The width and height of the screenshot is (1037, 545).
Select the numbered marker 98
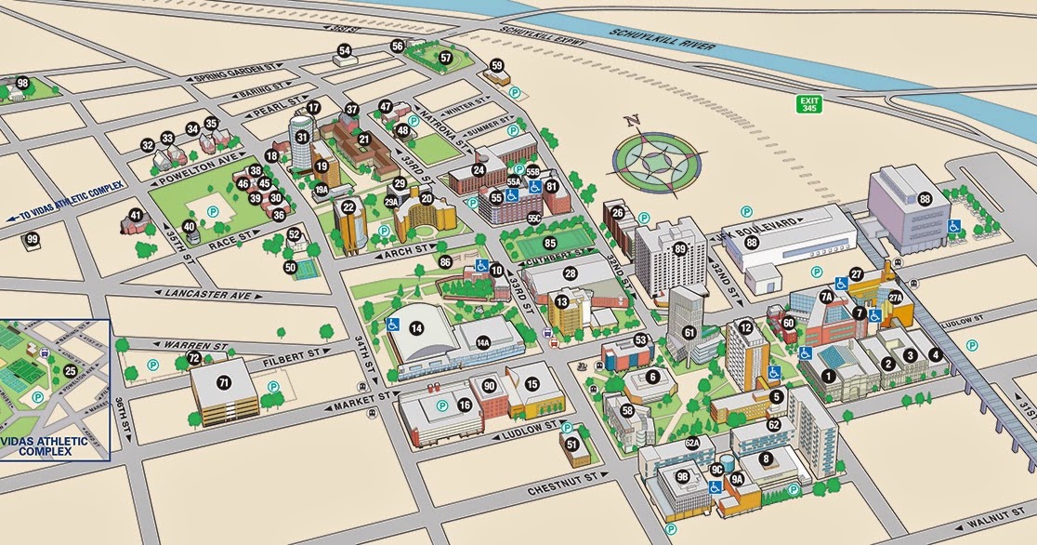pyautogui.click(x=23, y=84)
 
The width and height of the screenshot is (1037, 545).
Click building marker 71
pyautogui.click(x=223, y=382)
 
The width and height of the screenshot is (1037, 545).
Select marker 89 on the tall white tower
pyautogui.click(x=680, y=248)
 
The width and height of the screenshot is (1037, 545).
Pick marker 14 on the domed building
pyautogui.click(x=416, y=327)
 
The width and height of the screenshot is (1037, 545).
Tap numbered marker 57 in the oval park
pyautogui.click(x=446, y=58)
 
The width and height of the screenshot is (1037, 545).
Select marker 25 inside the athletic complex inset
pyautogui.click(x=70, y=371)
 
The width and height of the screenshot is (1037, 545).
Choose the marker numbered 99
pyautogui.click(x=33, y=240)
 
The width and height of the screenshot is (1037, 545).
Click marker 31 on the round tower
pyautogui.click(x=302, y=137)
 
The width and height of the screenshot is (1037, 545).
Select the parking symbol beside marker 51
pyautogui.click(x=565, y=429)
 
